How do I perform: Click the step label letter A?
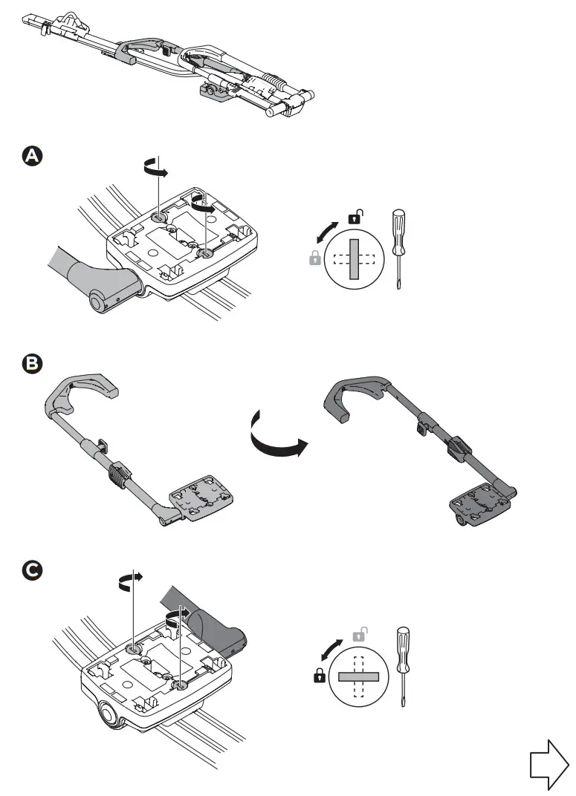(x=33, y=157)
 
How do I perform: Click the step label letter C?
(x=33, y=571)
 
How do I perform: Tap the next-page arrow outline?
(x=549, y=764)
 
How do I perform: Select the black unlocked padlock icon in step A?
(x=355, y=218)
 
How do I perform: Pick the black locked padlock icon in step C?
(x=320, y=676)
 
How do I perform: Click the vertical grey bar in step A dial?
(x=354, y=259)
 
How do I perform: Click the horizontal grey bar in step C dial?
(x=359, y=676)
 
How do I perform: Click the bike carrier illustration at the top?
(x=171, y=63)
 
